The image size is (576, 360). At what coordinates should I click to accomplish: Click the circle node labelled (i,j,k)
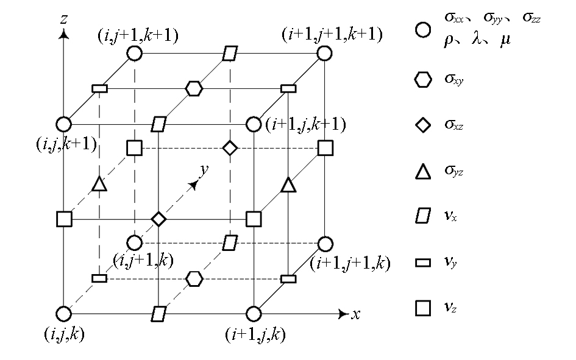(x=64, y=314)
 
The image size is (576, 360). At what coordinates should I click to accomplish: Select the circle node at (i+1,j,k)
(x=253, y=314)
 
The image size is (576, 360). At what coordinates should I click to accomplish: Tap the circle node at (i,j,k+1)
(x=64, y=124)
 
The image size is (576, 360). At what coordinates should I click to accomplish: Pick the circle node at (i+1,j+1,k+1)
(x=324, y=53)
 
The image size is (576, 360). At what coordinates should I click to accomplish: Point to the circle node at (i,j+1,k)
(x=135, y=242)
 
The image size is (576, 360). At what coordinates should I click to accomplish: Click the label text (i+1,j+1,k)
(x=350, y=263)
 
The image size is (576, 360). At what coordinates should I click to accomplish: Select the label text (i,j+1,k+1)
(x=138, y=35)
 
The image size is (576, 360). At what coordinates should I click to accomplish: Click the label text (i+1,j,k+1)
(x=305, y=124)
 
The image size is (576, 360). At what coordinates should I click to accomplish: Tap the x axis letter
(x=355, y=314)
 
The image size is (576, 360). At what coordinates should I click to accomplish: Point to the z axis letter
(x=64, y=19)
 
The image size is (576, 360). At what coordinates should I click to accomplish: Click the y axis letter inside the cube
(x=204, y=170)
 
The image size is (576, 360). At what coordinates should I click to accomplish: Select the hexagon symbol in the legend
(x=423, y=79)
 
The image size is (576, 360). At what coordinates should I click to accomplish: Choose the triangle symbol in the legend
(x=423, y=172)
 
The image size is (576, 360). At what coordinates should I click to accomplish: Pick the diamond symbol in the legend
(x=423, y=125)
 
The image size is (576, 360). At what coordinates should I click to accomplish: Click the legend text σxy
(x=454, y=79)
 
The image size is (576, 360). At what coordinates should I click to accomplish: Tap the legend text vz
(x=450, y=307)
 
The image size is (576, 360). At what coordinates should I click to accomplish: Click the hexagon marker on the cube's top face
(x=194, y=88)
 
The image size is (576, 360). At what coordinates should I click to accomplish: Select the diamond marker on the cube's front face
(x=158, y=219)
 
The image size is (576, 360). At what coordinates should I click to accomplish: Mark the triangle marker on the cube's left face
(x=99, y=183)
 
